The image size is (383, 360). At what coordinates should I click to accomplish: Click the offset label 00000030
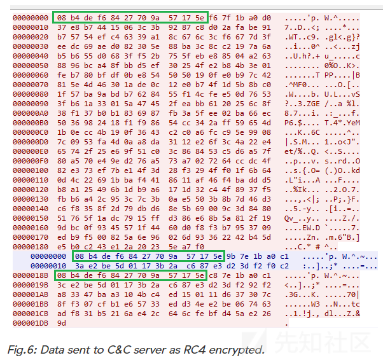pyautogui.click(x=31, y=46)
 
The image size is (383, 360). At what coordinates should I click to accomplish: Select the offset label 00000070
pyautogui.click(x=31, y=85)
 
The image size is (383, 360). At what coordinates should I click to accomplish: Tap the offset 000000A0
pyautogui.click(x=31, y=113)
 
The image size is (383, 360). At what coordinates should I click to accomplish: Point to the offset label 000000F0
pyautogui.click(x=31, y=161)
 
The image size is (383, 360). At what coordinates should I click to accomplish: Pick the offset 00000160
pyautogui.click(x=31, y=228)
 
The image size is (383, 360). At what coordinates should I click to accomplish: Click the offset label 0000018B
pyautogui.click(x=31, y=275)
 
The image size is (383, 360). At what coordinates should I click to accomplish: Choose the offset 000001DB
pyautogui.click(x=31, y=323)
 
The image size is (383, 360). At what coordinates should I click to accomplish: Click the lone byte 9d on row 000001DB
pyautogui.click(x=62, y=323)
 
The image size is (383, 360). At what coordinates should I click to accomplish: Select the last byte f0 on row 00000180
pyautogui.click(x=200, y=247)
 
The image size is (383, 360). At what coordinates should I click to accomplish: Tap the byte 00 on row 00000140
pyautogui.click(x=212, y=209)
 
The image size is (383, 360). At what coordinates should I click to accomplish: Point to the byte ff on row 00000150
pyautogui.click(x=155, y=218)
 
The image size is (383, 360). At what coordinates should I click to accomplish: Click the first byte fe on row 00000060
pyautogui.click(x=62, y=75)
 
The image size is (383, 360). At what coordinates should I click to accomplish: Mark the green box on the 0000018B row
pyautogui.click(x=131, y=275)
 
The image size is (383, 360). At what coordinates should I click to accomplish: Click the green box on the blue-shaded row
pyautogui.click(x=148, y=256)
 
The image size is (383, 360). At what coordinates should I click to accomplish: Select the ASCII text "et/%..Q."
pyautogui.click(x=302, y=151)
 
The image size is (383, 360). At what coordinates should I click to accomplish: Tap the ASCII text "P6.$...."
pyautogui.click(x=302, y=123)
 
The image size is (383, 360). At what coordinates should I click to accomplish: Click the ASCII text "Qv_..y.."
pyautogui.click(x=302, y=218)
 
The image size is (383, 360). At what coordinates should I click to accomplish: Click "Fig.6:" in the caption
pyautogui.click(x=22, y=350)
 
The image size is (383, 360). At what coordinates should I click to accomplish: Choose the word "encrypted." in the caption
pyautogui.click(x=237, y=350)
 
